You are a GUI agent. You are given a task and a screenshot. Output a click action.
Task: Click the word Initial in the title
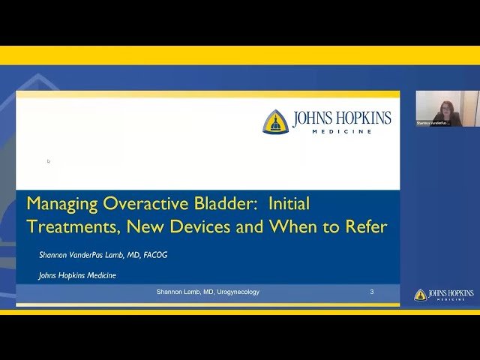pyautogui.click(x=289, y=204)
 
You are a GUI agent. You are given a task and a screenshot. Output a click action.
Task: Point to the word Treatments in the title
pyautogui.click(x=73, y=226)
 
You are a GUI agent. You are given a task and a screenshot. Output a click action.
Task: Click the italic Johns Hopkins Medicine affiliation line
pyautogui.click(x=77, y=275)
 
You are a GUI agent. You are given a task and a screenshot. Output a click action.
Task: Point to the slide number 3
pyautogui.click(x=372, y=292)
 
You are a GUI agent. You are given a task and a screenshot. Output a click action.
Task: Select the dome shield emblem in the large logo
pyautogui.click(x=275, y=121)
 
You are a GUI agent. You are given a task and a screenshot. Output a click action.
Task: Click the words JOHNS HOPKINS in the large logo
pyautogui.click(x=342, y=118)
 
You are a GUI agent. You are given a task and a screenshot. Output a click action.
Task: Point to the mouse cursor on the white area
pyautogui.click(x=49, y=160)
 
